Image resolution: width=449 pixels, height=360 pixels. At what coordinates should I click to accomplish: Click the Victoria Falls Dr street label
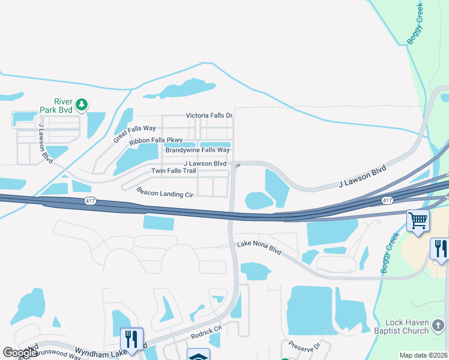pos(209,115)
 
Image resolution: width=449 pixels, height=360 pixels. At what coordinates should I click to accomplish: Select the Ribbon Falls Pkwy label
pos(156,140)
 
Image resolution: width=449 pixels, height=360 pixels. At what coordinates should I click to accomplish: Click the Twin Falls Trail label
pos(173,171)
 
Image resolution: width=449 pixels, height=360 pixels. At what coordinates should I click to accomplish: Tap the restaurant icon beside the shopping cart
pos(439,248)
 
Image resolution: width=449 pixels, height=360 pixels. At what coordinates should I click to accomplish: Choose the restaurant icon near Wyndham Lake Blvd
pos(130,338)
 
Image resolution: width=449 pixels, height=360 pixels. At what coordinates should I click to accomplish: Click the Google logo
pos(20,353)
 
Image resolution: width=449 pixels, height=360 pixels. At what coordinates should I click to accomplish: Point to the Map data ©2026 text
pos(423,355)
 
